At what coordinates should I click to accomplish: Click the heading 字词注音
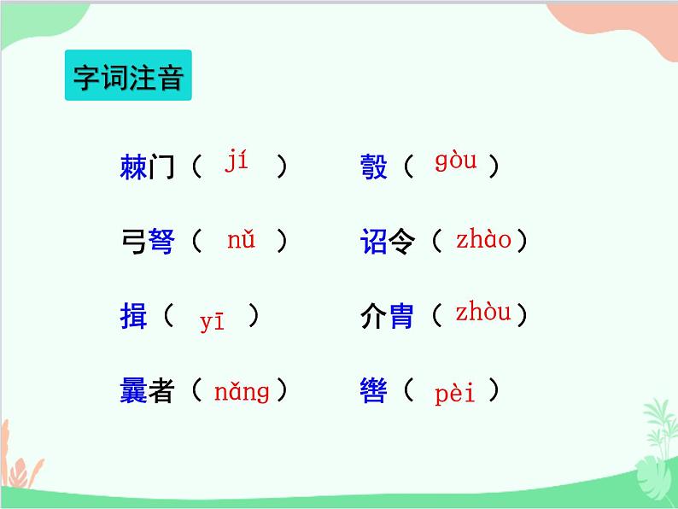pos(128,78)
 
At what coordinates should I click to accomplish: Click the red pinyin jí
pos(237,161)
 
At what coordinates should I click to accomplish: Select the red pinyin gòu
pos(455,161)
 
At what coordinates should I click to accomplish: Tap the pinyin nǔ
pos(242,240)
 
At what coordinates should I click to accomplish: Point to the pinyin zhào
pos(483,240)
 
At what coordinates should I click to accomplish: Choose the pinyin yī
pos(212,320)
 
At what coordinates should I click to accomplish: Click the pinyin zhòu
pos(483,313)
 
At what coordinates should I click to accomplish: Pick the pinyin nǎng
pos(242,392)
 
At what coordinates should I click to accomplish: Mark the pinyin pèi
pos(455,394)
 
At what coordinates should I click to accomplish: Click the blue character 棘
pos(134,167)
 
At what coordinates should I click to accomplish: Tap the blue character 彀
pos(374,167)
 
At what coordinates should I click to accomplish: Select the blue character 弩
pos(161,243)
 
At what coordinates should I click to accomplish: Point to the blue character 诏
pos(374,243)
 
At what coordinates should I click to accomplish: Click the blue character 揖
pos(134,318)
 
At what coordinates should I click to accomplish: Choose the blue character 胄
pos(401,318)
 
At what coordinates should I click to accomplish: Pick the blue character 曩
pos(134,392)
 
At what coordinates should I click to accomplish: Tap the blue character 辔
pos(374,392)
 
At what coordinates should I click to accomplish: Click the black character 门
pos(161,167)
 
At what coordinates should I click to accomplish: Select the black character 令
pos(401,243)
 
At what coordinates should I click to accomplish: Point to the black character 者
pos(161,392)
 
